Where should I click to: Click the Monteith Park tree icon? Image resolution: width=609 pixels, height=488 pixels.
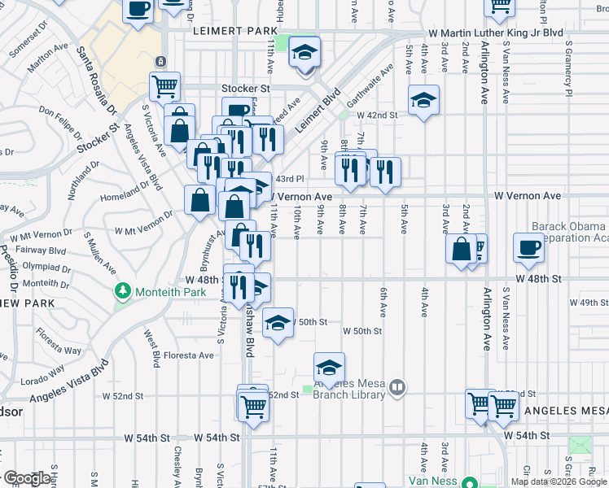123,290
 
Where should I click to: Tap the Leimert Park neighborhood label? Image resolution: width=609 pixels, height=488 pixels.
236,30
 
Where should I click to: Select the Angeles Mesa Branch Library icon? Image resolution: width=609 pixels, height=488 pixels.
397,388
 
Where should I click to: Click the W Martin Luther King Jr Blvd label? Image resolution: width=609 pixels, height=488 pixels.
496,33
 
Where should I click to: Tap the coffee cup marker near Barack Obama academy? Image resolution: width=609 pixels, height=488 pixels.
528,246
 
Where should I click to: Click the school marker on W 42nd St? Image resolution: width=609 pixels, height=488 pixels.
423,101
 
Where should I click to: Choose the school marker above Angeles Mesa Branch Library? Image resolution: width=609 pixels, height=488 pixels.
329,368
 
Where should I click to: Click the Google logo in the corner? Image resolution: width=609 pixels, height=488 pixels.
26,478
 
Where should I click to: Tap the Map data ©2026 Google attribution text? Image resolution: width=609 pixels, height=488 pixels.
559,481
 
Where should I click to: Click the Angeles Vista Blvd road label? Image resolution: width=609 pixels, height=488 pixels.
68,385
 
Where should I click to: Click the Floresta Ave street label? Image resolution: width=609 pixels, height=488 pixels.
188,355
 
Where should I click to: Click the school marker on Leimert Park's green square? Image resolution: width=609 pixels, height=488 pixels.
304,54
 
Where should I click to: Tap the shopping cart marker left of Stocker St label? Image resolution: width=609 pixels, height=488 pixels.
164,85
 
